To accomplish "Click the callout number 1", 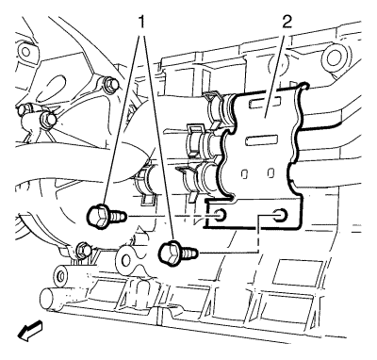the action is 142,22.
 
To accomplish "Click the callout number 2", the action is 287,22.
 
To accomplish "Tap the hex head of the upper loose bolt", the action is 98,216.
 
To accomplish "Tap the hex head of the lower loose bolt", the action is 170,252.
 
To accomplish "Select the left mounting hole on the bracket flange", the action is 221,215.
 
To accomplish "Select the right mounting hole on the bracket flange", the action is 280,215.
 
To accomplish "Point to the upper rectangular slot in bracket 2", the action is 265,103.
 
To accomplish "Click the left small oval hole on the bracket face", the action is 244,173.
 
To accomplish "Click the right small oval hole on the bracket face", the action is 270,172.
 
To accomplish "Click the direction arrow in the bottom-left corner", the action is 30,331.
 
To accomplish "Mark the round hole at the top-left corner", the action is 24,50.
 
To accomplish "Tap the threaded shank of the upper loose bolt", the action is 119,216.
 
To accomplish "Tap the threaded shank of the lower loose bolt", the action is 189,252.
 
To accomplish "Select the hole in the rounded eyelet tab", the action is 126,259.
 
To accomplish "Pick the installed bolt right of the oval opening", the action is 110,84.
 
